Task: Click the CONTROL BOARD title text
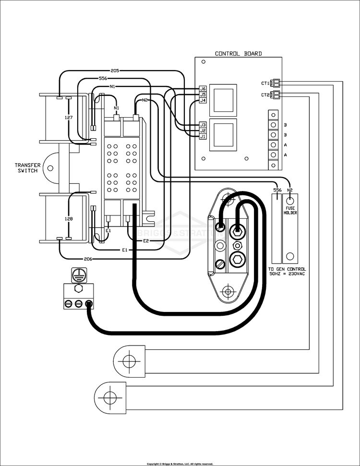tap(238, 54)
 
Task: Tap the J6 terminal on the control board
tap(203, 89)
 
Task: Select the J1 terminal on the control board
tap(203, 136)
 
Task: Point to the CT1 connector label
tap(265, 83)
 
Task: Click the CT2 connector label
tap(265, 95)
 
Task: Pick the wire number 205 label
tap(115, 70)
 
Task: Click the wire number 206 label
tap(88, 259)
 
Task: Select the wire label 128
tap(69, 219)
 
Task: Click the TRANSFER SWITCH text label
tap(27, 167)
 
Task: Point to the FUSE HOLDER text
tap(290, 210)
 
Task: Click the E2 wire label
tap(146, 240)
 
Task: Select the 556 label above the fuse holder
tap(277, 190)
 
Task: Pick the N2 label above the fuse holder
tap(290, 190)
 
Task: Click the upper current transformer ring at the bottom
tap(128, 359)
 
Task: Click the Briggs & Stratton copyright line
tap(180, 464)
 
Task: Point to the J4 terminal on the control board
tap(203, 100)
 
